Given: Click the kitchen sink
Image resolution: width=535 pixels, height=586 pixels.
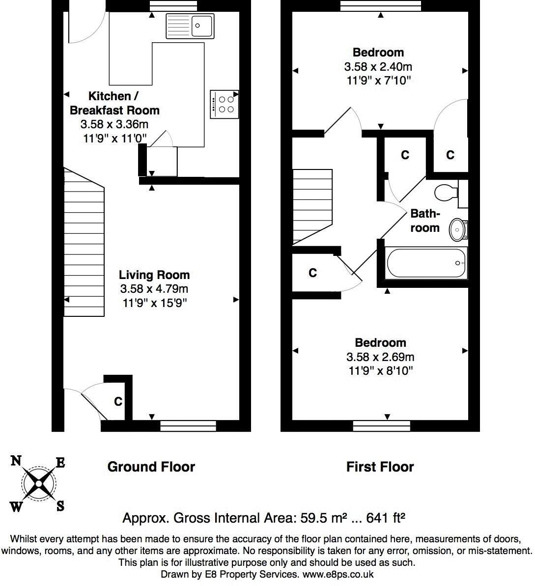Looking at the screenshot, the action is tap(190, 26).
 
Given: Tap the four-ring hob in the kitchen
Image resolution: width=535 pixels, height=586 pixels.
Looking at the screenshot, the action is tap(224, 104).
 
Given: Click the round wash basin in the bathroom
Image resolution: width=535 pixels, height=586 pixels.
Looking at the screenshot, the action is tap(458, 229).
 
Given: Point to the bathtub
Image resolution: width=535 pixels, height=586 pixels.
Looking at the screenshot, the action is tap(426, 263).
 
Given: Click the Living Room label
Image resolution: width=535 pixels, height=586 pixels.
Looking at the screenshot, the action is tap(154, 275).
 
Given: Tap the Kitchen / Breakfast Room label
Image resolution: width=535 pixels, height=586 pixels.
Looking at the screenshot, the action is tap(114, 103).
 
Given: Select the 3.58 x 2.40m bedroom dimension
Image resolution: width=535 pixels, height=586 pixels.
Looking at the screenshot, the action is tap(378, 67).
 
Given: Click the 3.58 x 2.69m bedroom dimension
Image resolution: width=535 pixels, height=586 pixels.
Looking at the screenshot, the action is tap(380, 357).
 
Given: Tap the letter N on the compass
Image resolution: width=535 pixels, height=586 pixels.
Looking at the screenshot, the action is tap(16, 461).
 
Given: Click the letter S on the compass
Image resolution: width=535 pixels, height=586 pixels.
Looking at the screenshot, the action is tap(60, 506).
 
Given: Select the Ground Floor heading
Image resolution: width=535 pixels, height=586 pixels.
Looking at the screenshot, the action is tap(151, 467).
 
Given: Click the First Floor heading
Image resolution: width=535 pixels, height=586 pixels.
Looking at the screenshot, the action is tap(380, 467).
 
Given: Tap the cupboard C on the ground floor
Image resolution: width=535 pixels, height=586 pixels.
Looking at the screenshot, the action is tap(118, 402).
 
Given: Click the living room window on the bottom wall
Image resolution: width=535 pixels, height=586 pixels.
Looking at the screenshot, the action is tap(189, 426).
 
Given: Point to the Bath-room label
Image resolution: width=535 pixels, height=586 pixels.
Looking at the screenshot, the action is tap(425, 221).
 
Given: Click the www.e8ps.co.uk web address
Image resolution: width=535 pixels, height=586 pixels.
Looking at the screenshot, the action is tap(338, 574).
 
